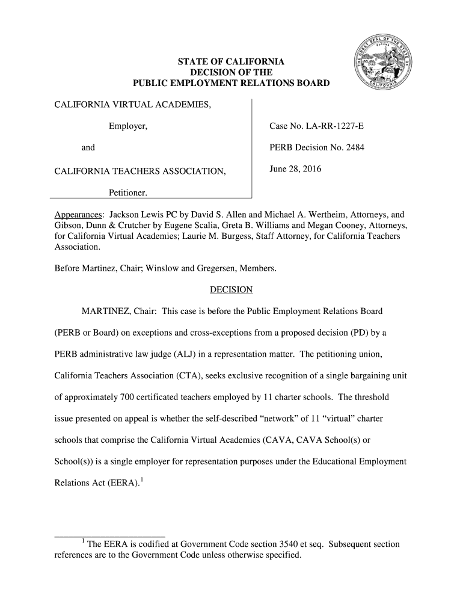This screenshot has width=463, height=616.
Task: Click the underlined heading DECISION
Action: (231, 290)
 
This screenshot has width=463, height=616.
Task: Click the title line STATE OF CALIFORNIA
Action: (231, 62)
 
